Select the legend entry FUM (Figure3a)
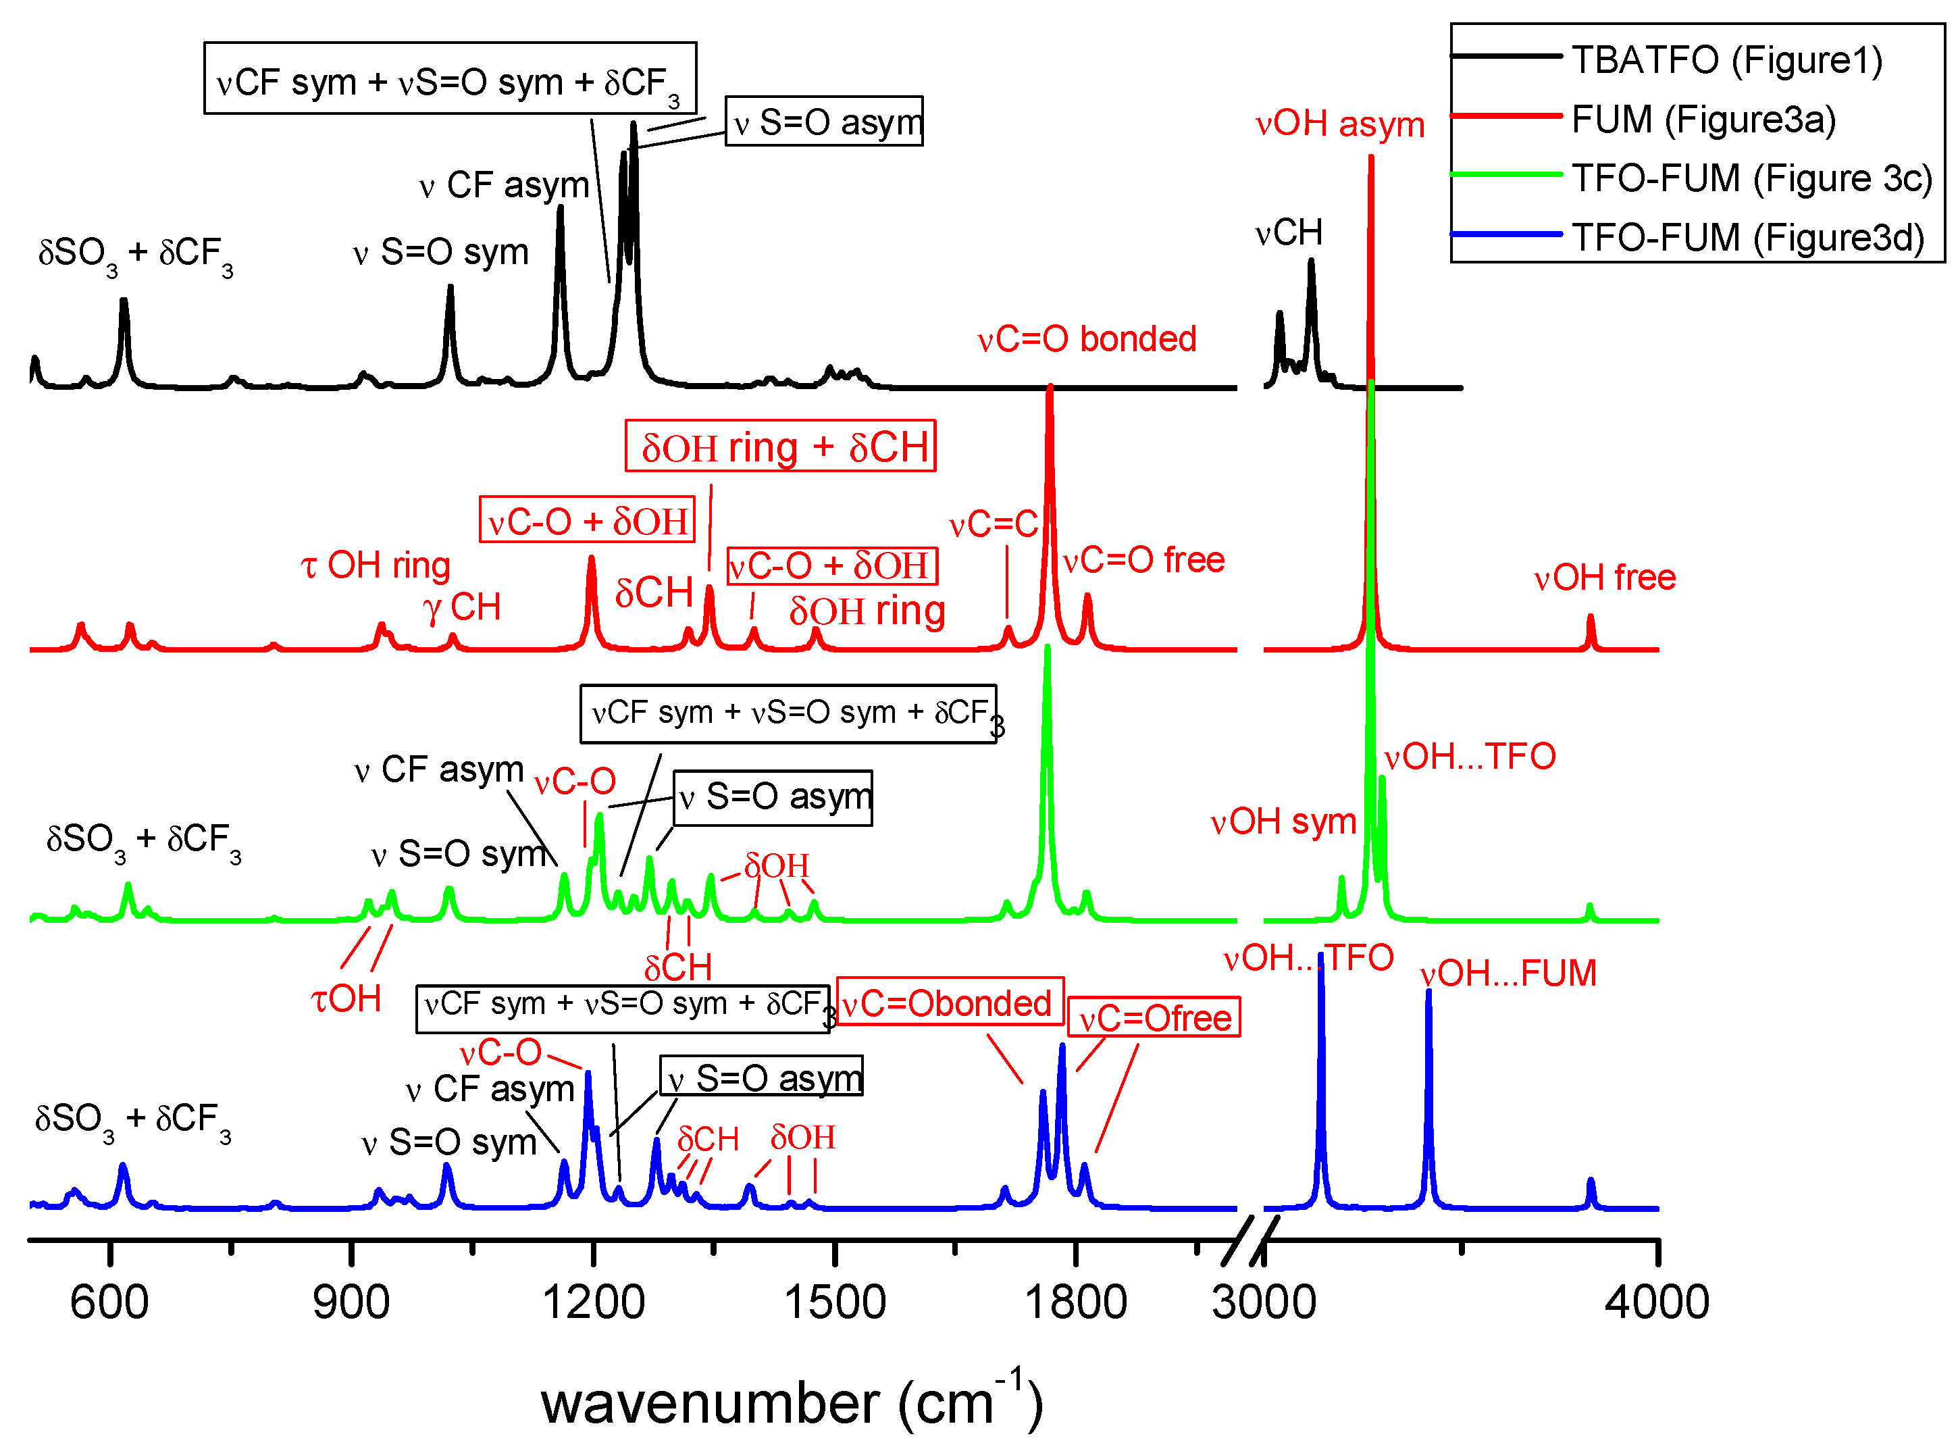click(1703, 119)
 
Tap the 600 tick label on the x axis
click(109, 1302)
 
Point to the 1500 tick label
click(835, 1302)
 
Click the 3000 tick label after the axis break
click(1264, 1302)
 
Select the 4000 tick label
click(1656, 1302)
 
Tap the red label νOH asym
click(1340, 124)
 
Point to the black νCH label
click(1288, 233)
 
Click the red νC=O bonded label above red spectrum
click(1087, 339)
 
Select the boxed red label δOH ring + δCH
click(780, 447)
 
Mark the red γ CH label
click(461, 607)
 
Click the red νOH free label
click(1604, 578)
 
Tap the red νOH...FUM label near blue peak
click(1508, 974)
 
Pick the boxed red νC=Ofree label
click(1154, 1019)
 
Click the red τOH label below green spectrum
click(346, 999)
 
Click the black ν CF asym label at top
click(505, 186)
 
